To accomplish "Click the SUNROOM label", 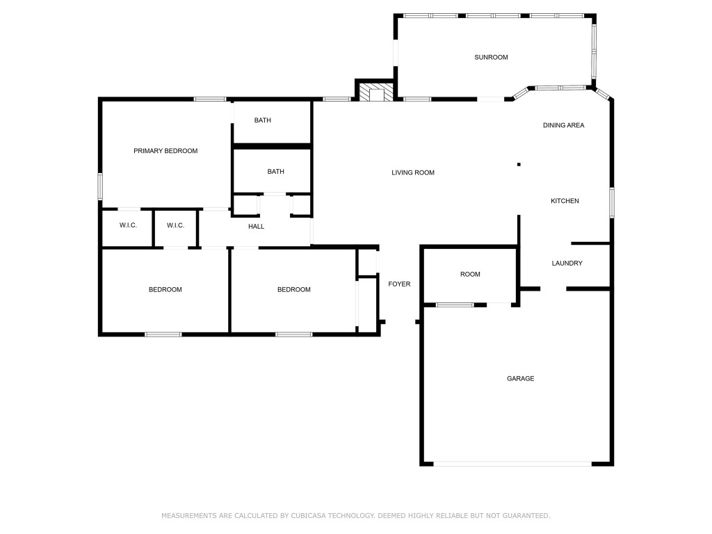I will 491,57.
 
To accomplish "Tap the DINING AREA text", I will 563,125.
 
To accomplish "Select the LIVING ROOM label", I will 412,172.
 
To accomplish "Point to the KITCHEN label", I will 565,201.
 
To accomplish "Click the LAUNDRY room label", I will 567,263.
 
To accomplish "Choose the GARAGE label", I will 520,378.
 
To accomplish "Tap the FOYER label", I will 399,284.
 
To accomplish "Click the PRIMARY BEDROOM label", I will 165,151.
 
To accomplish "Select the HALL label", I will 256,226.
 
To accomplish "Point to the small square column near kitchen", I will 519,164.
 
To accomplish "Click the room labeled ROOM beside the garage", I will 470,275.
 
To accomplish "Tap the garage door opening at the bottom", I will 512,464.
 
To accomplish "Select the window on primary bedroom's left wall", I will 100,186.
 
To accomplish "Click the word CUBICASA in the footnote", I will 310,516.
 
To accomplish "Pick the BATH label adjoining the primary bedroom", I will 262,120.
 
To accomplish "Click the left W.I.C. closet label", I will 128,225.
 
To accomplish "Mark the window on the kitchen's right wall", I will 612,202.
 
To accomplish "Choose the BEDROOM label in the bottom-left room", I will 165,289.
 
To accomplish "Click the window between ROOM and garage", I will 455,305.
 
